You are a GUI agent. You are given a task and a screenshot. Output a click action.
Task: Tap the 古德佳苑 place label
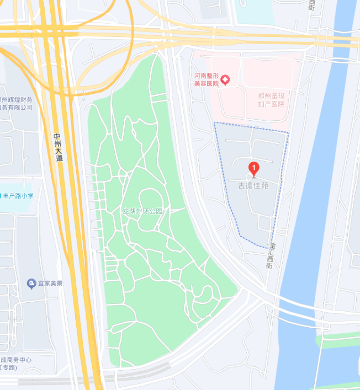coord(253,186)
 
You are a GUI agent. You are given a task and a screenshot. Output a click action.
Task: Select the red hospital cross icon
coord(225,81)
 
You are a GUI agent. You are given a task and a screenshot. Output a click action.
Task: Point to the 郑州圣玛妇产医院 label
coord(272,99)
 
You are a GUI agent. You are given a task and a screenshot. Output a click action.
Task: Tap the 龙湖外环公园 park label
coord(142,211)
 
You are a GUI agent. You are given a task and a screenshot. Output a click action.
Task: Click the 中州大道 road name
coord(59,147)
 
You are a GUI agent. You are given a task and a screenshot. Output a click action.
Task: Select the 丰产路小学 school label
coord(19,195)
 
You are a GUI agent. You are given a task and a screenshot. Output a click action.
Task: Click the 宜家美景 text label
coord(50,284)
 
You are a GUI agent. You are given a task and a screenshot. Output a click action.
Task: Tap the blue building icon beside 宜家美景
coord(31,284)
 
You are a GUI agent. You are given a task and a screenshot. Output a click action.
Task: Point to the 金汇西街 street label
coord(271,255)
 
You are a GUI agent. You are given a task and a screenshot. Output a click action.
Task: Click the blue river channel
coord(309,221)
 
